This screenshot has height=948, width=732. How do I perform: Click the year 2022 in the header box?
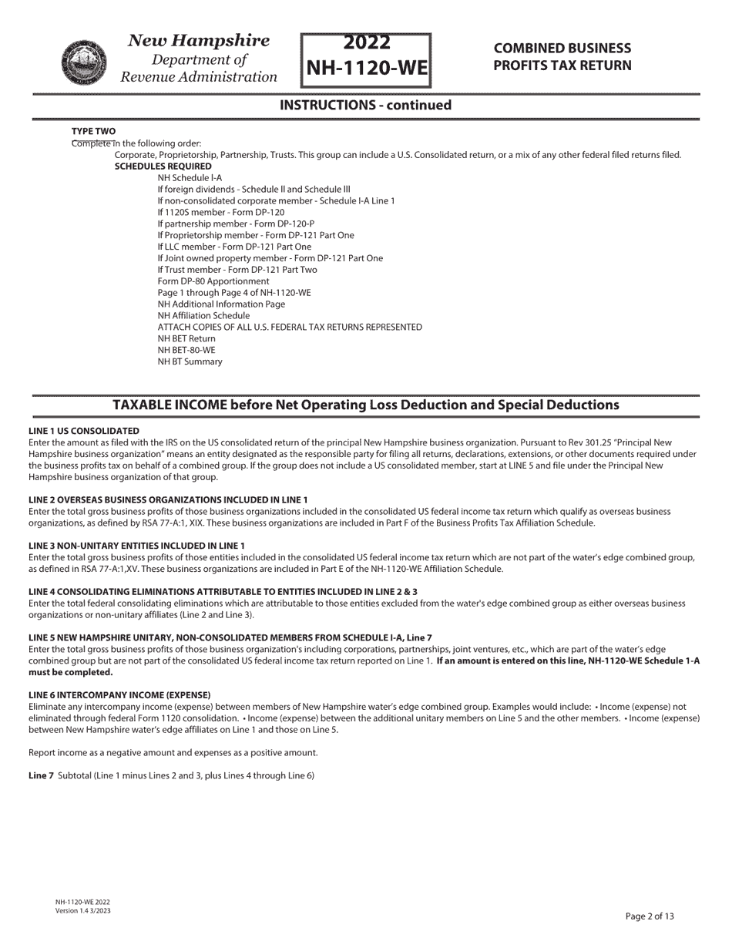point(366,42)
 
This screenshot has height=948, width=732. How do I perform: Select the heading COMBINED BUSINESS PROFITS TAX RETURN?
point(562,57)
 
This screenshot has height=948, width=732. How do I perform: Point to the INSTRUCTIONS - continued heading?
point(365,105)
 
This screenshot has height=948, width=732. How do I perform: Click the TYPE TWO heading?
point(93,131)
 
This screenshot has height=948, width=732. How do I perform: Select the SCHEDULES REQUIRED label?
point(163,166)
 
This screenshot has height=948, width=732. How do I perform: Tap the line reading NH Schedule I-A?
point(190,177)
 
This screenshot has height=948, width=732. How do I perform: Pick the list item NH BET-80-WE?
point(186,350)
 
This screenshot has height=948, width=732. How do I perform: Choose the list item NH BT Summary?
point(190,361)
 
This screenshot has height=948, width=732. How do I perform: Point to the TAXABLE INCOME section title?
point(365,405)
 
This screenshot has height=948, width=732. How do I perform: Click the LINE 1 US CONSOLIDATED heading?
point(84,431)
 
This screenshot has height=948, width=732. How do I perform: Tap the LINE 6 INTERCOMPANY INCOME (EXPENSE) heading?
point(119,694)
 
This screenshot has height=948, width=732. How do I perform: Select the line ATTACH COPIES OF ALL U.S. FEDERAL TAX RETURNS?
point(290,327)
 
